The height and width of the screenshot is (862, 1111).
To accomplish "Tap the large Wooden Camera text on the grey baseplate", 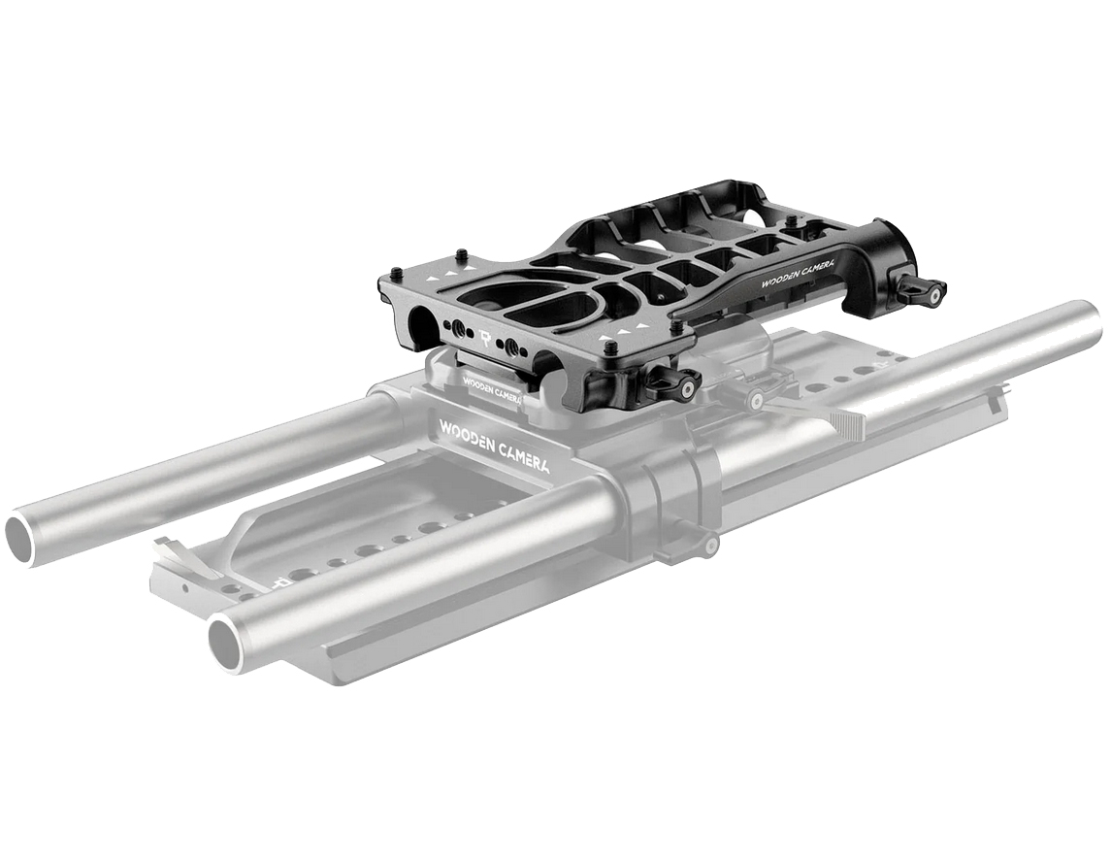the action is (495, 446).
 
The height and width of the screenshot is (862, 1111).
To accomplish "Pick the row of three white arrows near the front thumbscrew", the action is (622, 330).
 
